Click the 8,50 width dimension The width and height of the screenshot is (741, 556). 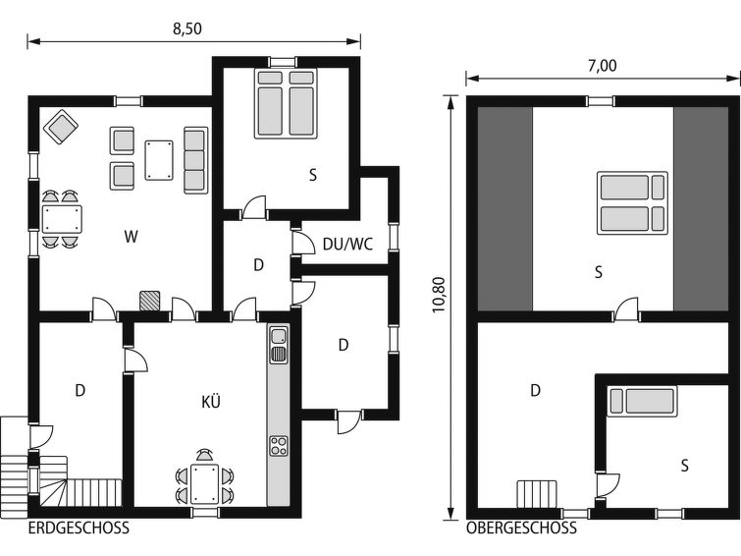pos(187,28)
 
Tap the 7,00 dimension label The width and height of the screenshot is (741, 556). pos(602,66)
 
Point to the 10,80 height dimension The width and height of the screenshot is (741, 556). pos(439,295)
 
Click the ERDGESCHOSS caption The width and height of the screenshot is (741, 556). pos(79,528)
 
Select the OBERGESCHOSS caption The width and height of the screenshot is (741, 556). pos(522,528)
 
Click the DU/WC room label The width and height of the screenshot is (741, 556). pos(347,245)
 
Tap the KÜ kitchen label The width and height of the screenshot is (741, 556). pos(211,401)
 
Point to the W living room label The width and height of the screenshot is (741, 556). pos(131,236)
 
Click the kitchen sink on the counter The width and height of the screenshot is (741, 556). pos(279,345)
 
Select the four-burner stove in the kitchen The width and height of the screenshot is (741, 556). pos(279,446)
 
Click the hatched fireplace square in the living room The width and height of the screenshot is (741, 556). pos(149,302)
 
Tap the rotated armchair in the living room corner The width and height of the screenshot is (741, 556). pos(61,127)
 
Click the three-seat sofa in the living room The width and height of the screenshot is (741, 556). pos(195,160)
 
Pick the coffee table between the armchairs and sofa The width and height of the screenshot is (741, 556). pos(159,160)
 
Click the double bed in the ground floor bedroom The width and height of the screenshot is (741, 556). pos(286,103)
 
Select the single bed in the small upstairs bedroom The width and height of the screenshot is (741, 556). pos(642,401)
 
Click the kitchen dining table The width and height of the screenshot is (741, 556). pos(204,483)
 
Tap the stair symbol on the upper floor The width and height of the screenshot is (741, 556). pos(537,494)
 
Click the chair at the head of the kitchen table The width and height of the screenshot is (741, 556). pos(204,455)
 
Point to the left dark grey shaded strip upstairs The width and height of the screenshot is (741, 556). pos(504,208)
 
